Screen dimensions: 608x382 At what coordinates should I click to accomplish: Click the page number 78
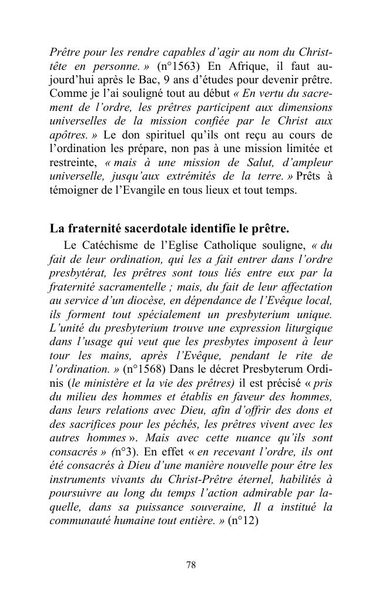coord(190,565)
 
